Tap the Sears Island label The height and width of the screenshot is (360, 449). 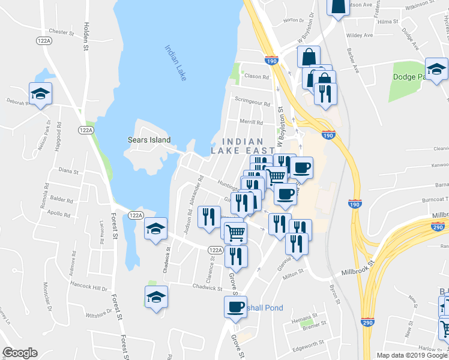(149, 140)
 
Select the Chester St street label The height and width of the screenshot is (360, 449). (61, 32)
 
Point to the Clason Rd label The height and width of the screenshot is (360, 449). (256, 77)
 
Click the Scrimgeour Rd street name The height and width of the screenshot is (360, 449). (252, 103)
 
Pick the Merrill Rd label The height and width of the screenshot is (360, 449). (252, 122)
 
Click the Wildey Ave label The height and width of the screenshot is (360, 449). (360, 35)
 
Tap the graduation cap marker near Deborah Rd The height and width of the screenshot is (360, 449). (40, 94)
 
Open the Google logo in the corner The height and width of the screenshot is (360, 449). (20, 353)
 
